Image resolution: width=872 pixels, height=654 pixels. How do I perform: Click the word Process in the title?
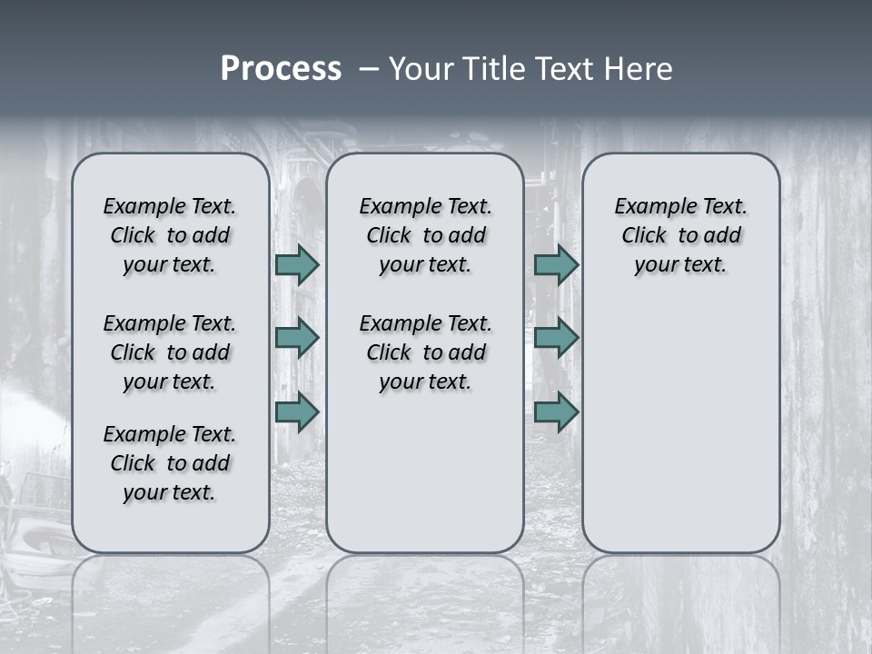(x=281, y=69)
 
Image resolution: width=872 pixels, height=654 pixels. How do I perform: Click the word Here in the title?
(x=639, y=69)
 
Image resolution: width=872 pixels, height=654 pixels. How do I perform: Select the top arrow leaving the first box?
(x=297, y=264)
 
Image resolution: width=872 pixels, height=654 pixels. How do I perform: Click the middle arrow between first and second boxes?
(x=297, y=338)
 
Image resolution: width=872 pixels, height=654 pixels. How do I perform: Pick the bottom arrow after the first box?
(x=297, y=411)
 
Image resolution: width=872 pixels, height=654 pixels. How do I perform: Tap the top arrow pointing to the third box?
(x=556, y=264)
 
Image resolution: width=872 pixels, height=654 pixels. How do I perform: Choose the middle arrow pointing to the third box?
(x=556, y=338)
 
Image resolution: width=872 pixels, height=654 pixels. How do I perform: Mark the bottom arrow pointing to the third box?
(x=556, y=411)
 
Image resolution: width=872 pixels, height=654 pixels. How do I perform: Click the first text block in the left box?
(x=170, y=235)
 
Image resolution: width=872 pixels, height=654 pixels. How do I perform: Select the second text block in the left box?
(x=170, y=352)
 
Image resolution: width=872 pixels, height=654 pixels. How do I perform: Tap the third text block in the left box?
(x=170, y=463)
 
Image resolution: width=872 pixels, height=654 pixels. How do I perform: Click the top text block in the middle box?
(x=425, y=235)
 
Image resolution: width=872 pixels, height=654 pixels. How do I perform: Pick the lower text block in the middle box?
(x=425, y=352)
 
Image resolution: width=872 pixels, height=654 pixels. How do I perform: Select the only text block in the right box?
(x=680, y=235)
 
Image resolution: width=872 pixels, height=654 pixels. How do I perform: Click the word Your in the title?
(x=421, y=69)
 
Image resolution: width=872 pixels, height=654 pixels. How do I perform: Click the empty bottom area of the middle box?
(x=425, y=481)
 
